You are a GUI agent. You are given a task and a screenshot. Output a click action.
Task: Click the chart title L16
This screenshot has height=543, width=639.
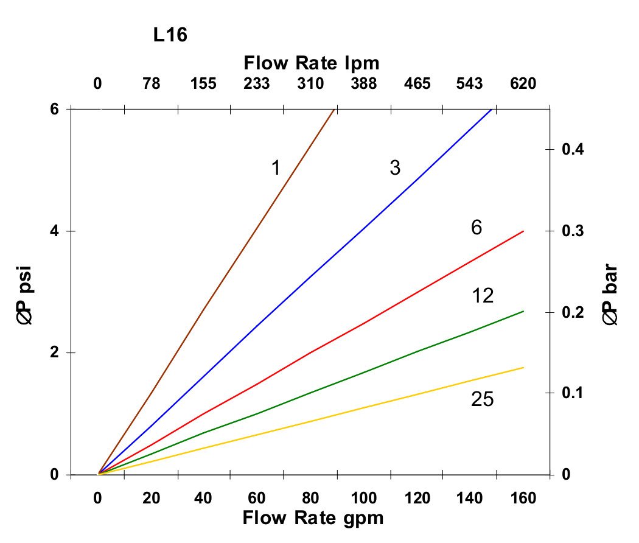click(169, 36)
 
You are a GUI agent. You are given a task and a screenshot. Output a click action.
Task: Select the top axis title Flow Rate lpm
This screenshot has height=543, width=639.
click(311, 63)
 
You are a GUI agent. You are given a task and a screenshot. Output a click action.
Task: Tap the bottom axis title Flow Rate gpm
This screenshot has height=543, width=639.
click(313, 518)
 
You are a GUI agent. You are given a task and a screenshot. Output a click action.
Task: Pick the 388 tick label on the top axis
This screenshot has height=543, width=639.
click(363, 83)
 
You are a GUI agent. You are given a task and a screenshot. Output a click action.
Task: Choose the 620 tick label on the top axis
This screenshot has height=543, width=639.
click(523, 83)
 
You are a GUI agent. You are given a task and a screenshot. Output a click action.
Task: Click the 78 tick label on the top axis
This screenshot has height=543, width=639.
click(151, 83)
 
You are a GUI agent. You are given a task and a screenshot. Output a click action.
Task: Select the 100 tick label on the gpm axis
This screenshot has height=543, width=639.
click(364, 499)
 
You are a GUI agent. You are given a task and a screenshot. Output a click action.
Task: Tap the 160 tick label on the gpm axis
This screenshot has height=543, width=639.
click(523, 499)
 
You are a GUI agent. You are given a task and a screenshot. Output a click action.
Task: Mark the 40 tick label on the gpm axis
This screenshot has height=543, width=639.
click(204, 499)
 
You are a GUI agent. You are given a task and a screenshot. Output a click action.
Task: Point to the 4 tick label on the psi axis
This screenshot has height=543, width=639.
click(55, 231)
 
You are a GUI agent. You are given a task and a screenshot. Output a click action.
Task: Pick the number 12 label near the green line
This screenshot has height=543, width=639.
click(482, 296)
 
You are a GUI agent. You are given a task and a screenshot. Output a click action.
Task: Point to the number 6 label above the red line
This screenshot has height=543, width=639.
click(477, 228)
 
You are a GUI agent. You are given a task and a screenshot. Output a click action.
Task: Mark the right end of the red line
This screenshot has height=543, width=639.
click(523, 231)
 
